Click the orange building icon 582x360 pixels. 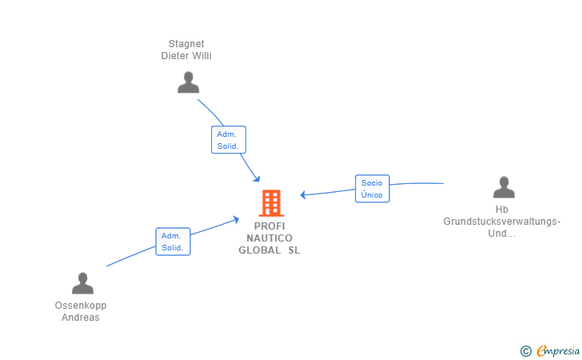pos(271,203)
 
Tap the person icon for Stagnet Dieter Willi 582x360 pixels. pos(188,82)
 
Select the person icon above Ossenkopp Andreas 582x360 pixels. pos(82,283)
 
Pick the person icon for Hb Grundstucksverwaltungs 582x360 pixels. pos(504,187)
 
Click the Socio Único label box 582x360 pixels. pos(372,189)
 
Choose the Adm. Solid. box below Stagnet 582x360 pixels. pos(228,140)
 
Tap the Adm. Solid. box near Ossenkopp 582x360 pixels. pos(173,242)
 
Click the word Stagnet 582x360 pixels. pos(186,44)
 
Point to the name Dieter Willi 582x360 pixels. pos(186,56)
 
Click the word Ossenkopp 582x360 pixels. pos(81,306)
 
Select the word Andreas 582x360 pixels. pos(81,318)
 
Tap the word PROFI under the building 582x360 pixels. pos(269,226)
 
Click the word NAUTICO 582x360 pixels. pos(269,238)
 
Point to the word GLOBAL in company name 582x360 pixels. pos(260,250)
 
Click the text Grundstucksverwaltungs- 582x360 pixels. pos(502,222)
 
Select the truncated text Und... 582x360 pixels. pos(501,234)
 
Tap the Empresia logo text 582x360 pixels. pos(556,350)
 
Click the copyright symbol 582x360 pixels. pos(525,350)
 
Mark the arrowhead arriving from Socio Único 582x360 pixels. pos(304,194)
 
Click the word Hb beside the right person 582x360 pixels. pos(502,210)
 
